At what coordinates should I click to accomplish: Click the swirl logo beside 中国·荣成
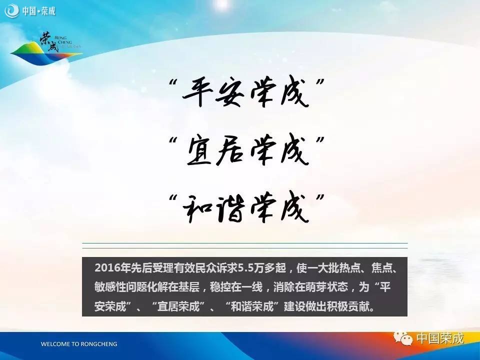click(x=11, y=11)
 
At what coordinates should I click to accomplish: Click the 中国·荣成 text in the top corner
click(x=38, y=11)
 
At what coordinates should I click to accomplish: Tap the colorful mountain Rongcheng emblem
click(x=46, y=48)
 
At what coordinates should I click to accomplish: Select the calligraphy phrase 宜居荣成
click(x=246, y=151)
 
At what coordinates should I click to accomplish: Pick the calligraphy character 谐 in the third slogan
click(x=230, y=208)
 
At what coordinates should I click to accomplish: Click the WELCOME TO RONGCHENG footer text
click(x=79, y=344)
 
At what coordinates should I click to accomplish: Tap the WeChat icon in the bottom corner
click(x=403, y=338)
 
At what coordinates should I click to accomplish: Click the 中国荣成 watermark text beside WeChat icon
click(x=440, y=338)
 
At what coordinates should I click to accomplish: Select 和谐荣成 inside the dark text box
click(x=252, y=306)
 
